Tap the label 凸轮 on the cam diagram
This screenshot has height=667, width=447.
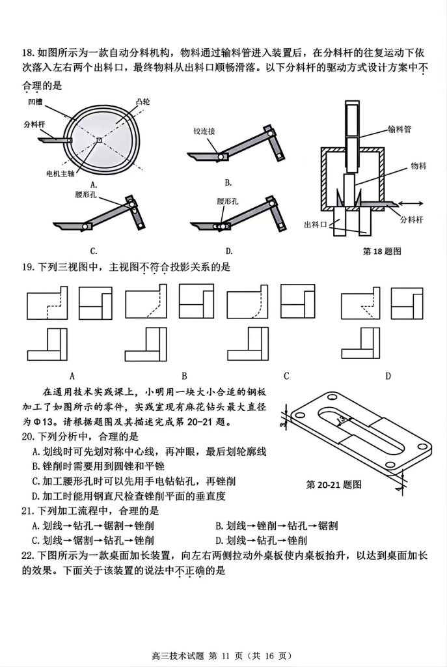pyautogui.click(x=142, y=102)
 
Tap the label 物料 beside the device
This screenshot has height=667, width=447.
pyautogui.click(x=418, y=167)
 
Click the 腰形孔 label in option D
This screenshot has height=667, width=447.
pyautogui.click(x=228, y=202)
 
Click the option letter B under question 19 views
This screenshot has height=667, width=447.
pyautogui.click(x=184, y=376)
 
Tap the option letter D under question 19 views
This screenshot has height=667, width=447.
pyautogui.click(x=387, y=376)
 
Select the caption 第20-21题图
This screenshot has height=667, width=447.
pyautogui.click(x=334, y=485)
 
